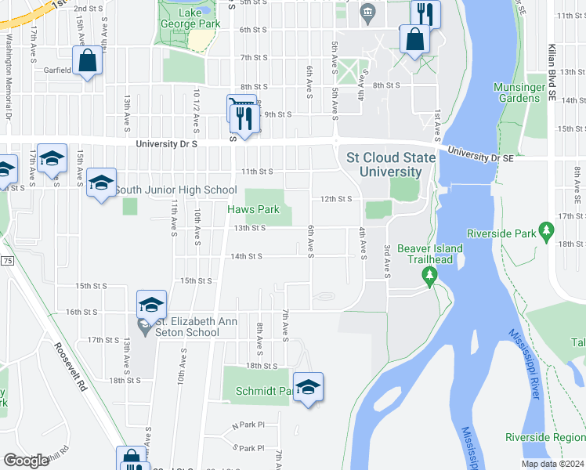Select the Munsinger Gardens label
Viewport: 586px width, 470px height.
(x=516, y=92)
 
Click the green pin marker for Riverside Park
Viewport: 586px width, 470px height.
(x=548, y=233)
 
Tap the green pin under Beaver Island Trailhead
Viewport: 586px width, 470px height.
(x=429, y=276)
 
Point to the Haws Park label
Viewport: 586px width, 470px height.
(x=253, y=209)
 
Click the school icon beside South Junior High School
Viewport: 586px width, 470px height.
(x=101, y=183)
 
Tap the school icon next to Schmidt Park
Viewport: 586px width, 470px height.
(x=309, y=387)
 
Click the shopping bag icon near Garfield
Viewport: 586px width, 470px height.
(x=88, y=60)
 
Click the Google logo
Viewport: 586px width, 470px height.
(x=26, y=461)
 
